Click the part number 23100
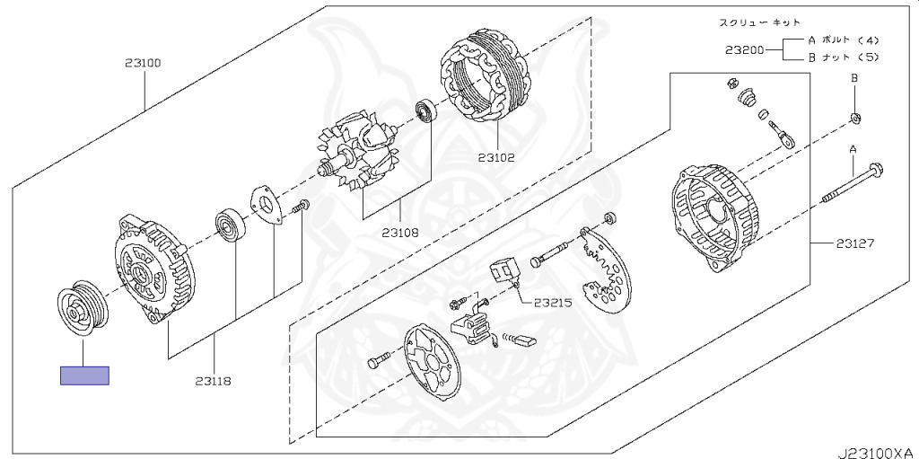143,64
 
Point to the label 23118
213,381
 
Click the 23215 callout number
553,303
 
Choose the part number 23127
855,243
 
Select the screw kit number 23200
744,50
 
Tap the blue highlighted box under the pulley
84,376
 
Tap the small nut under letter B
856,117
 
